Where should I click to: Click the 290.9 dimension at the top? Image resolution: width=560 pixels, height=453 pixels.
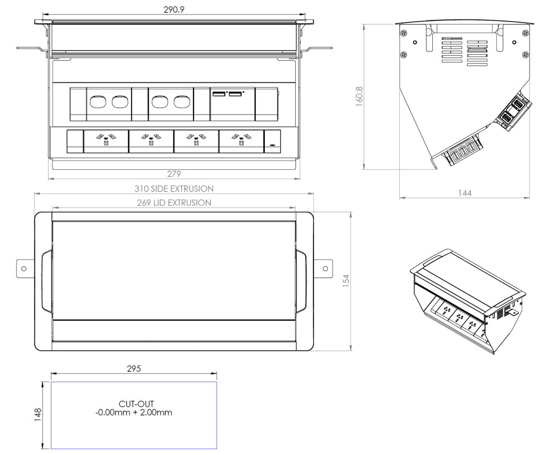174,10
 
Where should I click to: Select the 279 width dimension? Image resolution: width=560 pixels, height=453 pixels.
174,174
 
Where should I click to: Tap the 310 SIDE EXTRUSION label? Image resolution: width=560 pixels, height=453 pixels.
174,189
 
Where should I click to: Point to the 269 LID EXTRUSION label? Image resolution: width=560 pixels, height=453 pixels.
174,203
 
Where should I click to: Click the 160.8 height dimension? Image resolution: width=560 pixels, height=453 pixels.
359,96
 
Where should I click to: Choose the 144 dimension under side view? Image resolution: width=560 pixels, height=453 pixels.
464,193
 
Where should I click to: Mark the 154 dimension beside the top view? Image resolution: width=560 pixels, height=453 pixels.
346,280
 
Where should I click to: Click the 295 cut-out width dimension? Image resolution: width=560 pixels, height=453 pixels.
133,369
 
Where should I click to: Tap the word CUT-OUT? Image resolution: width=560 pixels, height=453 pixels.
136,404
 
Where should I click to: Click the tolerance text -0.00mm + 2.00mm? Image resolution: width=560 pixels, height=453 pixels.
133,413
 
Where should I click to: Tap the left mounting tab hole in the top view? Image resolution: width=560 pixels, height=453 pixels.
23,269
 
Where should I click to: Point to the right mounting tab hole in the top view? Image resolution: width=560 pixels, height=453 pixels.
326,269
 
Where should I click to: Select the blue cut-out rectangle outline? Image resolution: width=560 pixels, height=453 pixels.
134,382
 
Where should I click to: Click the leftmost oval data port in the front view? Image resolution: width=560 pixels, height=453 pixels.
97,102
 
